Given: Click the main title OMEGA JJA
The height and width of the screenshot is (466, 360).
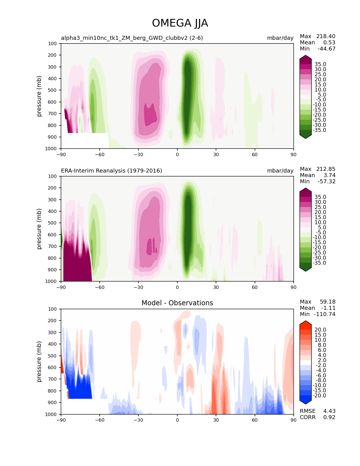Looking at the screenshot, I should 180,23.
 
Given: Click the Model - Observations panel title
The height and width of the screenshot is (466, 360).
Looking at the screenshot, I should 177,303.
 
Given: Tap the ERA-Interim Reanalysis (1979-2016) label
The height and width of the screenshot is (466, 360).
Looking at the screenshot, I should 112,171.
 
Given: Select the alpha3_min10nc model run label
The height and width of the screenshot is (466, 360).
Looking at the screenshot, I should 132,38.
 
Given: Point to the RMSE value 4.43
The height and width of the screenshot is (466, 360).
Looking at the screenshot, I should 329,411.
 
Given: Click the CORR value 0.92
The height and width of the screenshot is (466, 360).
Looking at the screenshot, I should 329,417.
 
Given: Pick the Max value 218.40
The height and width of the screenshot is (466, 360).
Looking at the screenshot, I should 326,36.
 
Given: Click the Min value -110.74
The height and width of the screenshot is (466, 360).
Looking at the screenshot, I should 326,314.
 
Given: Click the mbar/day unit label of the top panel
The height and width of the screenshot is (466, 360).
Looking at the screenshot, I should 280,38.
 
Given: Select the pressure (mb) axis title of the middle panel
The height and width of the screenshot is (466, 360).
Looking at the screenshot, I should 39,229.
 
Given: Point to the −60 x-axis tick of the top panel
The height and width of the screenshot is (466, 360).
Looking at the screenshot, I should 100,154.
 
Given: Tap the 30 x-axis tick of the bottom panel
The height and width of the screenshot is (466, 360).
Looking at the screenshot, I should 216,420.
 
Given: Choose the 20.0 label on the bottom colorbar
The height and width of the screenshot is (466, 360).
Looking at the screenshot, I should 320,330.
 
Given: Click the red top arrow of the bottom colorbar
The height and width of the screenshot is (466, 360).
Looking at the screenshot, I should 306,324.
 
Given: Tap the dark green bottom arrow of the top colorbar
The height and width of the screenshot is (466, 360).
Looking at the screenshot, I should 306,136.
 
